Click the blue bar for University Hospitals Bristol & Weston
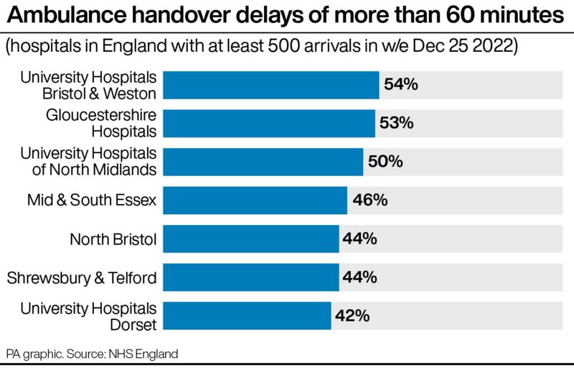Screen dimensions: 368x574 click(271, 85)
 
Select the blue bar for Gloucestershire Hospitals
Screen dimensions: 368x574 click(269, 123)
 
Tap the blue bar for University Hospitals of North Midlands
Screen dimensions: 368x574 click(263, 162)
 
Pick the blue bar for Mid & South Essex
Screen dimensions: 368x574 click(255, 200)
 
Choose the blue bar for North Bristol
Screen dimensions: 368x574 click(251, 239)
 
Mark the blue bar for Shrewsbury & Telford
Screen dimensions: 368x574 click(251, 277)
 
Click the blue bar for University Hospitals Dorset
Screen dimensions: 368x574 click(248, 316)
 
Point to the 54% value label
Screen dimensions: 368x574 click(400, 85)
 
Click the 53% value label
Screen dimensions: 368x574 click(397, 123)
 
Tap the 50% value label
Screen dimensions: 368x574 click(385, 162)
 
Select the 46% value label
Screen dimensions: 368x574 click(370, 200)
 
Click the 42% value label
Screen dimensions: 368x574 click(352, 316)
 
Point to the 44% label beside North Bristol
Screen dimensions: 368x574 click(360, 239)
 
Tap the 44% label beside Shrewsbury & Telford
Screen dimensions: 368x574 click(360, 277)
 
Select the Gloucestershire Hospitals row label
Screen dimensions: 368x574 click(101, 123)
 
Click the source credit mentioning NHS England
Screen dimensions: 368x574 click(92, 354)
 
